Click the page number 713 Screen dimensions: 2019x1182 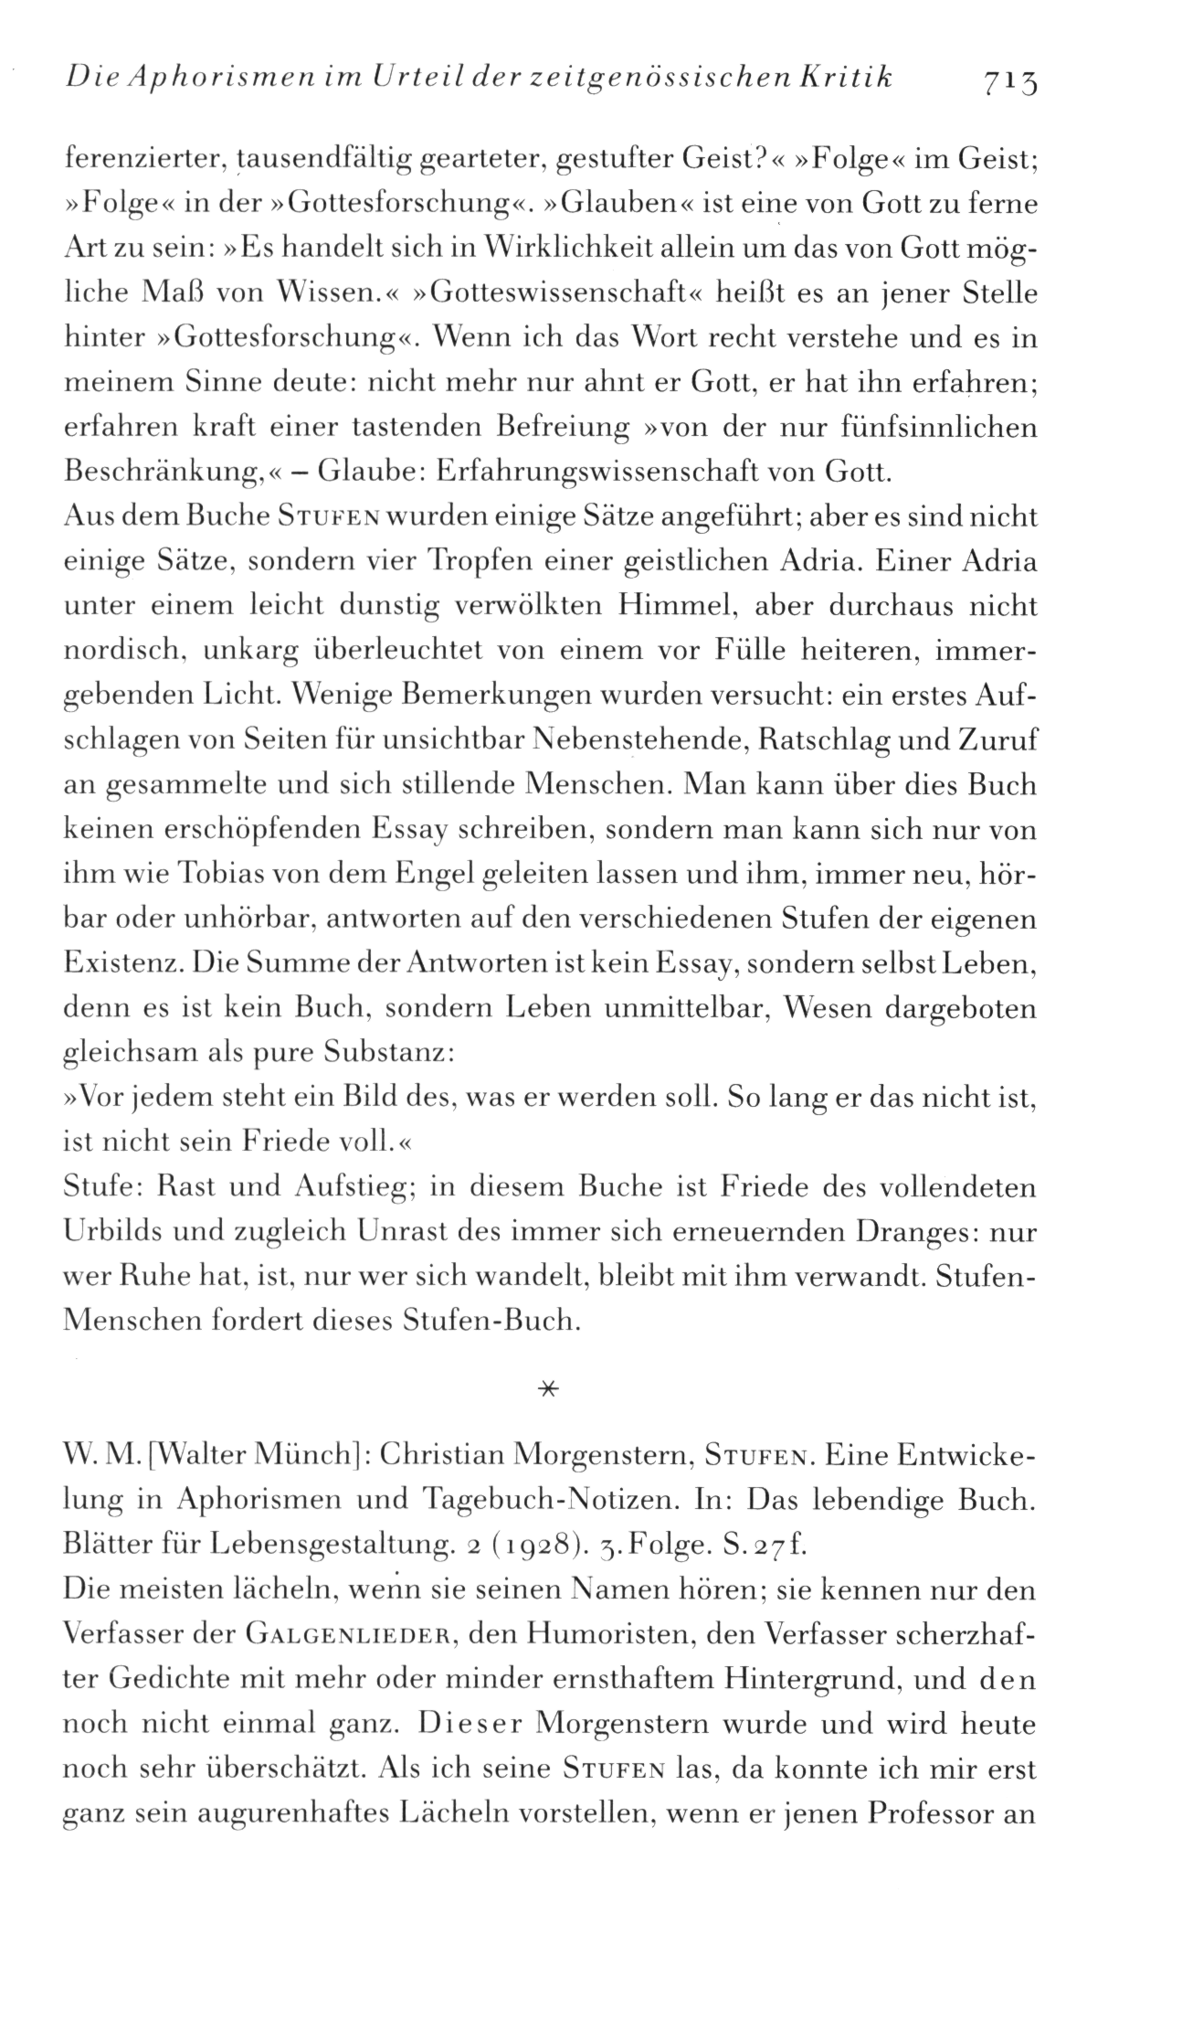pyautogui.click(x=1013, y=83)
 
